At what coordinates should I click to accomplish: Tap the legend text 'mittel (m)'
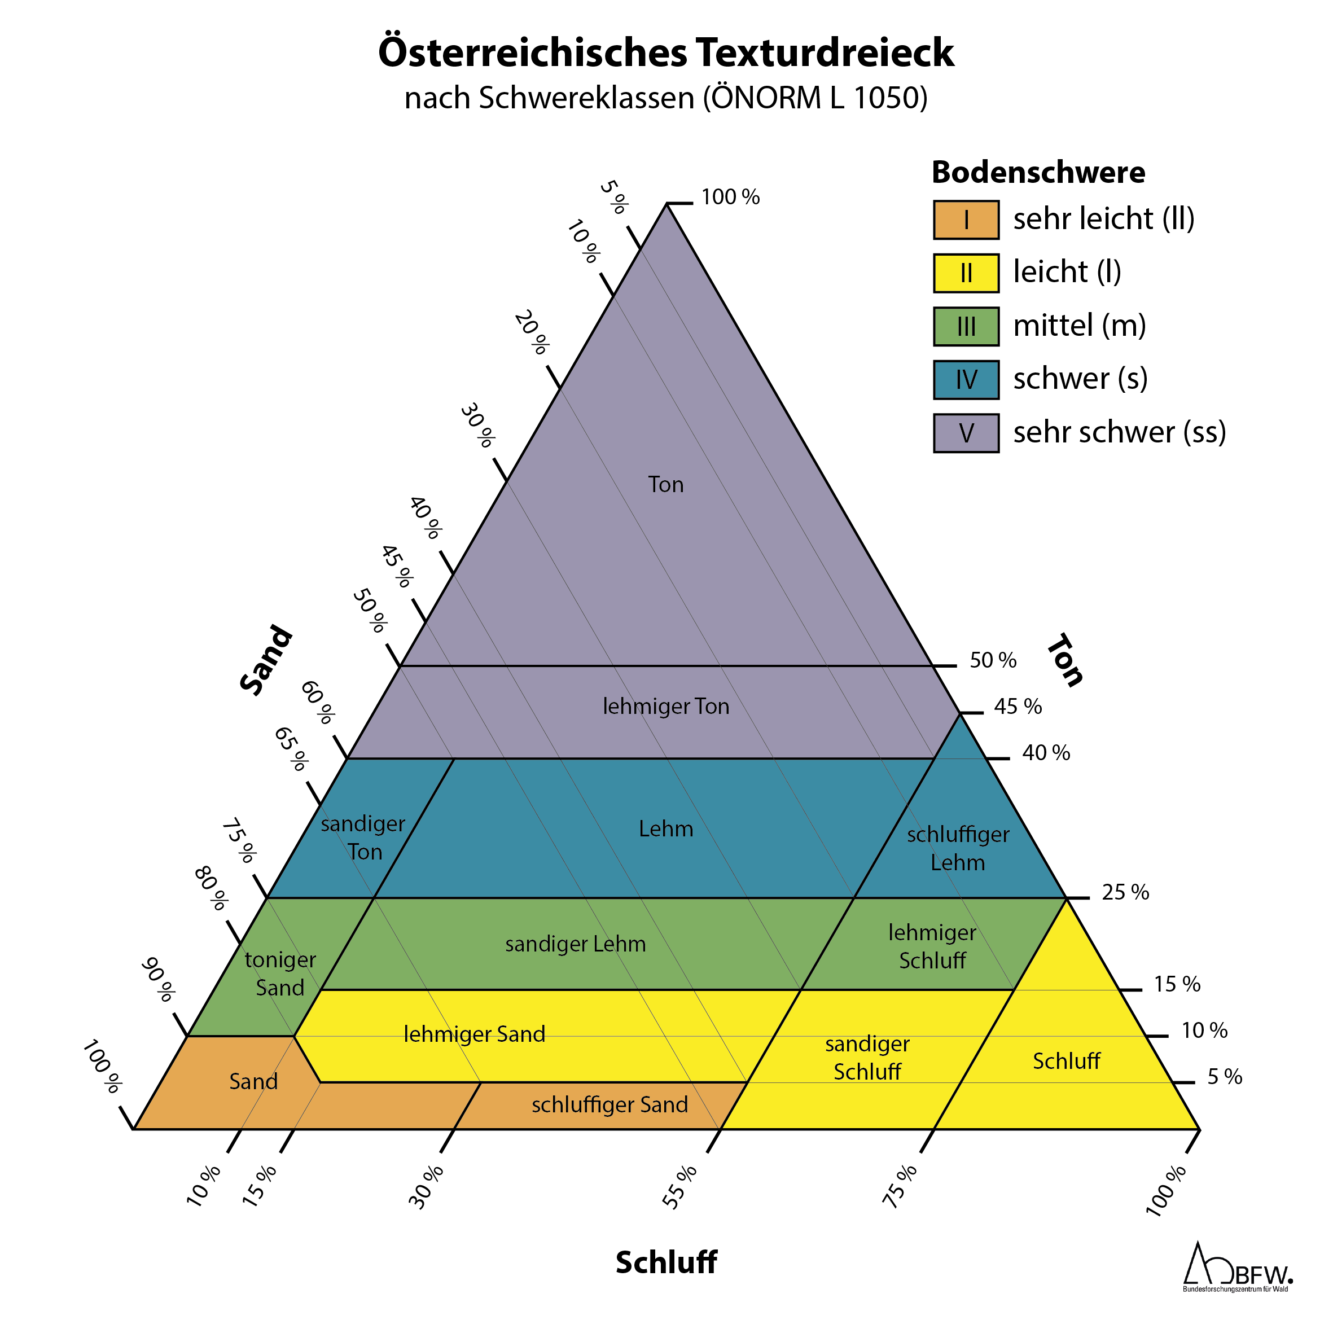(x=1079, y=326)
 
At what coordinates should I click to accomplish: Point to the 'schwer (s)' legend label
(x=1080, y=379)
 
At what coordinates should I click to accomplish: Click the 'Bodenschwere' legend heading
(x=1038, y=172)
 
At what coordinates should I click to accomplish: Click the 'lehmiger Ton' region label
(x=666, y=707)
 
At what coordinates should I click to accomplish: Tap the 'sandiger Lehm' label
(x=576, y=944)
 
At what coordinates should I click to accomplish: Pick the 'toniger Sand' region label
(x=280, y=974)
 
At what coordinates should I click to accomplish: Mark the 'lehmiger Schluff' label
(x=932, y=946)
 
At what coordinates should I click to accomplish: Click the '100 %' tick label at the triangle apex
(x=730, y=198)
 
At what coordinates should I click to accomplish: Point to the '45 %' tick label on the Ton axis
(x=1018, y=707)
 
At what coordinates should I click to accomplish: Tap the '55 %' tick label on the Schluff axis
(x=680, y=1187)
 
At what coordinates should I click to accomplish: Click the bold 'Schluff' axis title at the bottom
(x=666, y=1262)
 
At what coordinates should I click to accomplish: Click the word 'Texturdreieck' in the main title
(x=825, y=52)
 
